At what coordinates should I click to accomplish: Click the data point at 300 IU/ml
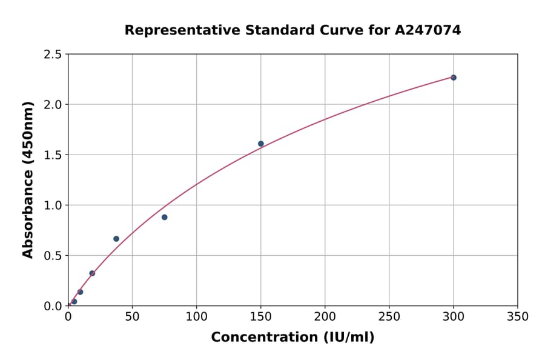(x=454, y=78)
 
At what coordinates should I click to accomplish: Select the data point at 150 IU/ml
(x=261, y=144)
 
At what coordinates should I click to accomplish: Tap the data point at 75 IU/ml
(x=165, y=217)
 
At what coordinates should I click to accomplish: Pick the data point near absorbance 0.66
(x=116, y=239)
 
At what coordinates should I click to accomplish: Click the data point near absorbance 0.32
(x=92, y=273)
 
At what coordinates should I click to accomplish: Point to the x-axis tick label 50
(x=132, y=316)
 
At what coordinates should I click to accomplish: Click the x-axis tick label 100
(x=196, y=316)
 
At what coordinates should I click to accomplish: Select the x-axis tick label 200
(x=325, y=316)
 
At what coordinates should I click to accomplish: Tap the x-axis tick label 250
(x=389, y=316)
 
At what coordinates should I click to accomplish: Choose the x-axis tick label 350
(x=518, y=316)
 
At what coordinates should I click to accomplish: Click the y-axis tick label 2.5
(x=53, y=55)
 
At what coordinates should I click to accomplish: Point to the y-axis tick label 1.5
(x=53, y=155)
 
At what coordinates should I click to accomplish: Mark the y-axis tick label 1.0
(x=53, y=205)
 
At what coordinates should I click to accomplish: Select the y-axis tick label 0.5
(x=53, y=256)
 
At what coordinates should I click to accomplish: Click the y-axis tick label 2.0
(x=53, y=105)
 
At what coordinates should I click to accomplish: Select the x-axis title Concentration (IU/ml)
(x=292, y=337)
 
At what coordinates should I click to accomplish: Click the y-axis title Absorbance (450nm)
(x=28, y=179)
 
